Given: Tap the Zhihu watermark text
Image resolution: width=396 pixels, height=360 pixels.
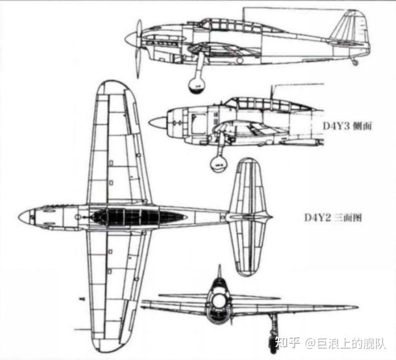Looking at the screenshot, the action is (x=330, y=343).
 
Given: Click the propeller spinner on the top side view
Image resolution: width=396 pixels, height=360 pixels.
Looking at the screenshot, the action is (x=131, y=38).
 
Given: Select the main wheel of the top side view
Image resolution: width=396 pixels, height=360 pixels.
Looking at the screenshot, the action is (x=197, y=85).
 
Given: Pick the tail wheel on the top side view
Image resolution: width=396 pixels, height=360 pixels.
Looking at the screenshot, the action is (x=355, y=62).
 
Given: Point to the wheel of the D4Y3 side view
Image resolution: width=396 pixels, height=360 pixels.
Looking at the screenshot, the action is (x=219, y=164).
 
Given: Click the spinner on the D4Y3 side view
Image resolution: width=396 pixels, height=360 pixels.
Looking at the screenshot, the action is (x=157, y=123).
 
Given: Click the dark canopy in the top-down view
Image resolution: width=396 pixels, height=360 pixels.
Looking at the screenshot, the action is (x=139, y=217).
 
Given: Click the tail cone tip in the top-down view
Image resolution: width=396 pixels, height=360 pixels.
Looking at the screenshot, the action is (x=271, y=217).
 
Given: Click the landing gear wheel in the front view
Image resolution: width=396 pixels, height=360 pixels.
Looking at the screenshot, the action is (x=273, y=344).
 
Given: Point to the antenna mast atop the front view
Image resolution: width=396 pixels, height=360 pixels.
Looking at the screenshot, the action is (x=219, y=271).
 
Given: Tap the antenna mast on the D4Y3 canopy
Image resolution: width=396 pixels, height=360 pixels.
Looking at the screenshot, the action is (x=272, y=92).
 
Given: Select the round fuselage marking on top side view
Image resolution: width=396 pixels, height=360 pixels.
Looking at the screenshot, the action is (x=239, y=60).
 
